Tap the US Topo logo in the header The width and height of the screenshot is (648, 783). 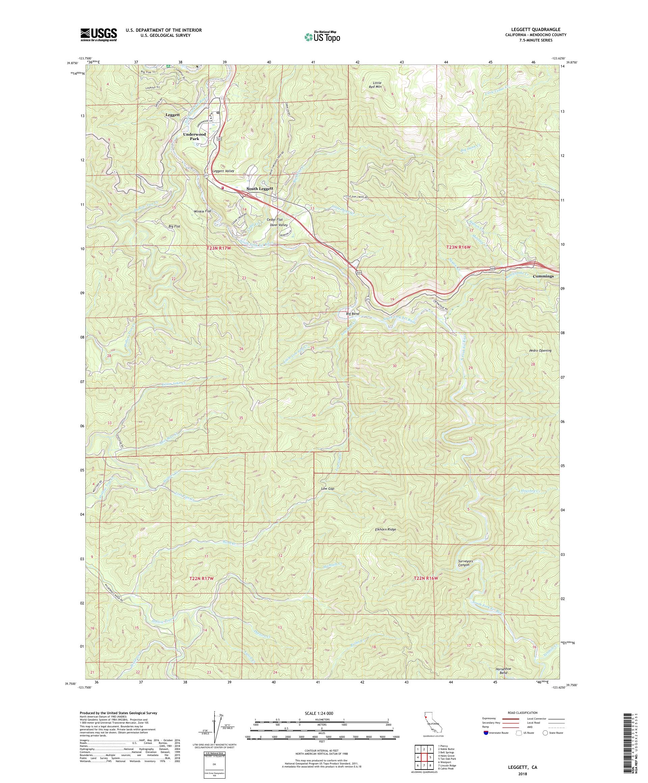(x=323, y=36)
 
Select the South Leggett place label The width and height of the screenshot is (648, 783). (x=260, y=189)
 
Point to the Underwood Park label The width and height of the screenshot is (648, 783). (x=194, y=136)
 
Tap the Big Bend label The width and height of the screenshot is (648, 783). (x=352, y=314)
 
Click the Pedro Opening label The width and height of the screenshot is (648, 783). (x=540, y=350)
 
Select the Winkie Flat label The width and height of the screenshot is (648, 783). (x=202, y=211)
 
